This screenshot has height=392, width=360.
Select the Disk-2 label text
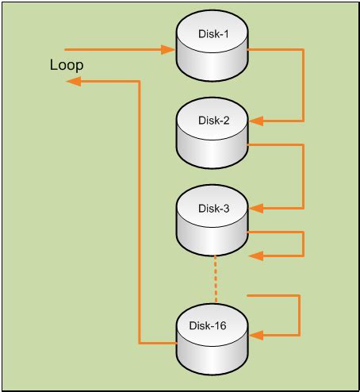pos(212,120)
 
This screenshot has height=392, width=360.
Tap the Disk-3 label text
pos(212,208)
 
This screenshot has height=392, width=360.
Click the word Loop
pos(66,66)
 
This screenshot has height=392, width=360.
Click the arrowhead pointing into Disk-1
pos(168,49)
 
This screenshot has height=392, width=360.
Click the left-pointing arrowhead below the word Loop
pos(72,81)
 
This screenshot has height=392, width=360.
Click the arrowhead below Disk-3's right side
pos(255,256)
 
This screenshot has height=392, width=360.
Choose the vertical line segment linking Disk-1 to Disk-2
pos(304,85)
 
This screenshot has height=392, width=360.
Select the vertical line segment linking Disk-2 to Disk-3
pos(304,176)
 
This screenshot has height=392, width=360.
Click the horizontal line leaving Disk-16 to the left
pos(157,343)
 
